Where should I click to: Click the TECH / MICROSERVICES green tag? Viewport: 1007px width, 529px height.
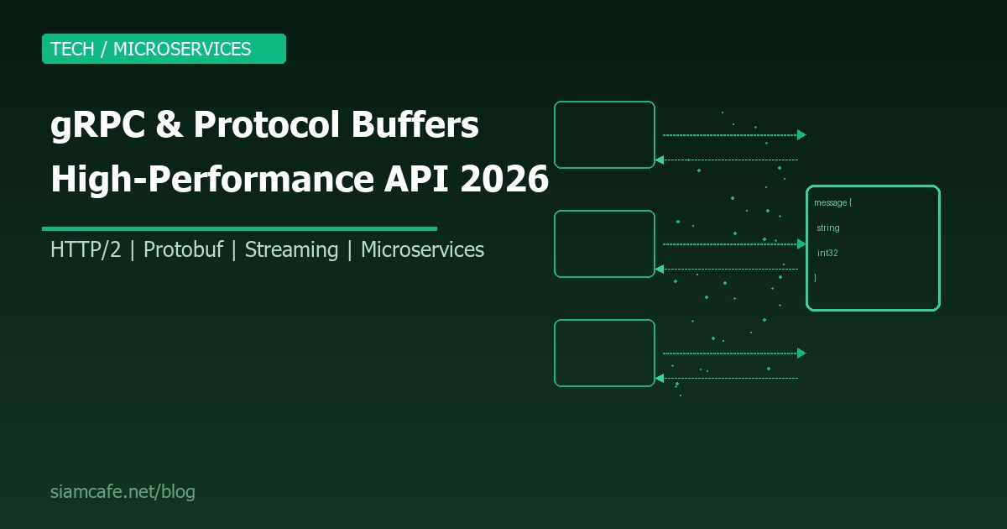[164, 49]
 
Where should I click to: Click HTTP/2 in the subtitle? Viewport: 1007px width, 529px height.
[86, 249]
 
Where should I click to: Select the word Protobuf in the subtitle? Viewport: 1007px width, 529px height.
[182, 249]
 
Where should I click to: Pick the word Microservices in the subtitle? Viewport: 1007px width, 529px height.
[422, 249]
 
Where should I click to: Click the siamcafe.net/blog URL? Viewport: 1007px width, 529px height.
[123, 492]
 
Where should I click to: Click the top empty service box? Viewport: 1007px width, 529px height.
[604, 134]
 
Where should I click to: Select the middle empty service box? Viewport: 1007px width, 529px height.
[604, 244]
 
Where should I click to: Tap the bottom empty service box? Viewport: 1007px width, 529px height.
[604, 353]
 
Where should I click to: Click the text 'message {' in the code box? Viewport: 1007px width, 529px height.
[832, 203]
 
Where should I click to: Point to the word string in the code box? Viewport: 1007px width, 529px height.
[827, 228]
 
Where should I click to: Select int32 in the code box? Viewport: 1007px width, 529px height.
[828, 252]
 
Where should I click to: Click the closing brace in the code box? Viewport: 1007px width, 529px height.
[816, 276]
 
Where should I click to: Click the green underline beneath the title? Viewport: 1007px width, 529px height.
[239, 228]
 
